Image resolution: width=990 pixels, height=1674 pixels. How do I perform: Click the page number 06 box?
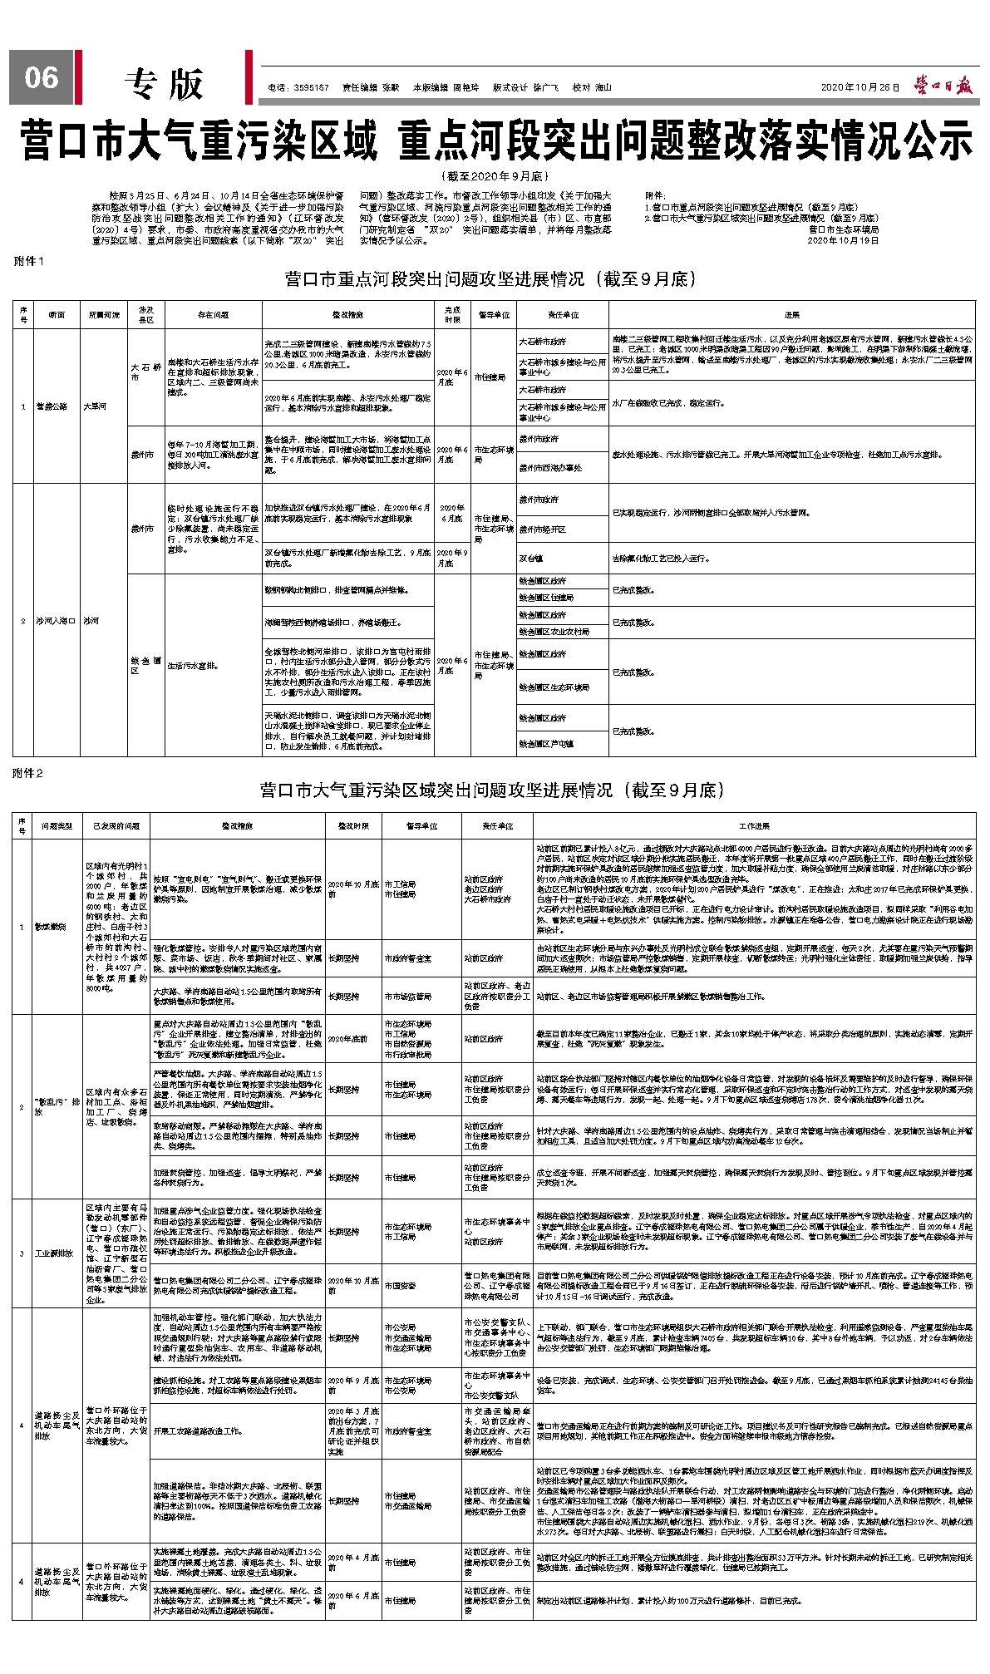[x=42, y=77]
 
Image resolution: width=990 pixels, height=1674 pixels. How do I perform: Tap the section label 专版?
[x=164, y=83]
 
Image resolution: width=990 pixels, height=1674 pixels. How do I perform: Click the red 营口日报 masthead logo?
[x=944, y=85]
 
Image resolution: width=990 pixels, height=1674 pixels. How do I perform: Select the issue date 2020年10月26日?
[x=859, y=87]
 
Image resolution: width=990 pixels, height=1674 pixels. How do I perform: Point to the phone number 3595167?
[x=311, y=87]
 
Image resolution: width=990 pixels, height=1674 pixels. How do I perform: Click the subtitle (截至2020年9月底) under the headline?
[x=495, y=176]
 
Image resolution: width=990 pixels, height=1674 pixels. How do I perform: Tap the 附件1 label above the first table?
[x=29, y=261]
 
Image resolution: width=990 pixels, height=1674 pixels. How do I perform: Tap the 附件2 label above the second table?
[x=29, y=773]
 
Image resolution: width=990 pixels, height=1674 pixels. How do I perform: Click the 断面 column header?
[x=56, y=315]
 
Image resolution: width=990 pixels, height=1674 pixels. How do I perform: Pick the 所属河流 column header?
[x=105, y=315]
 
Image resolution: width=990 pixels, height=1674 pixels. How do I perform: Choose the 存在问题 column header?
[x=213, y=315]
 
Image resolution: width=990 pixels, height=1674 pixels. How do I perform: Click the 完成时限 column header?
[x=452, y=315]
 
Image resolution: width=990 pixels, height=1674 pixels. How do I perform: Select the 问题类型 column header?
[x=57, y=826]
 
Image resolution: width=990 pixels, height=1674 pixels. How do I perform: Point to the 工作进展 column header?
[x=754, y=826]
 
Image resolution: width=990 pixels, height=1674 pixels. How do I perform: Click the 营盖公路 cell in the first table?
[x=51, y=406]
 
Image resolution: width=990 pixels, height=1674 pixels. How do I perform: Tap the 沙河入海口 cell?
[x=55, y=621]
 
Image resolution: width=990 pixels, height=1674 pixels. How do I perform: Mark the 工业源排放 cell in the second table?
[x=55, y=1253]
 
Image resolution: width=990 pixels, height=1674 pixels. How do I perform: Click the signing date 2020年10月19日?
[x=843, y=240]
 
